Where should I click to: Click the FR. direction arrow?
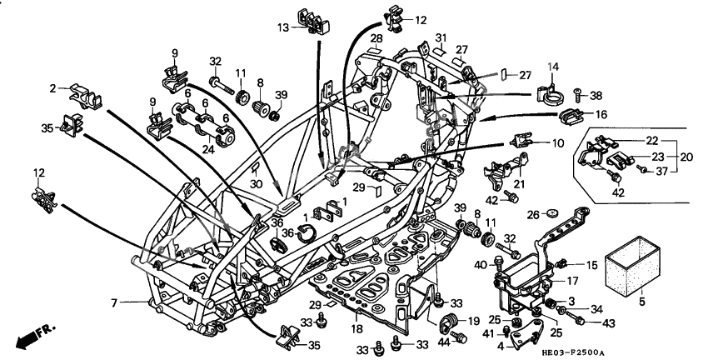point(32,338)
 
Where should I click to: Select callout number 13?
point(285,27)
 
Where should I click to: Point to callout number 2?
point(52,87)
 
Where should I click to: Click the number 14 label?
point(552,66)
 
